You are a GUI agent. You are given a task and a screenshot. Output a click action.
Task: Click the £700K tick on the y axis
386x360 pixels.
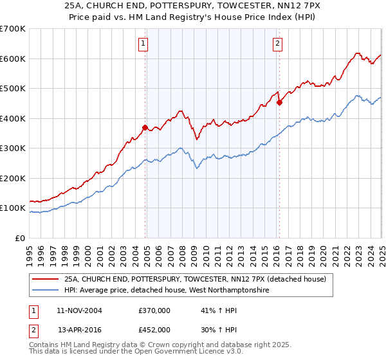[x=13, y=29]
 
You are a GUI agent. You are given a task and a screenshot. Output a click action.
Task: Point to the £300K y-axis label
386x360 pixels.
[x=13, y=148]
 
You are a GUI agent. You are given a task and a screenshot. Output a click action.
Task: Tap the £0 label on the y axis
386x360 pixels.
[x=19, y=238]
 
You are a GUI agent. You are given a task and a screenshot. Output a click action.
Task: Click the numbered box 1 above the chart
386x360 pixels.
[x=142, y=44]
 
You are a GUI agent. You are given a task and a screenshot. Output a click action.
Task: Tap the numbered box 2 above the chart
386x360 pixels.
[x=277, y=44]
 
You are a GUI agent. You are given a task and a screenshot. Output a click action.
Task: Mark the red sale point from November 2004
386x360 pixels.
[x=145, y=127]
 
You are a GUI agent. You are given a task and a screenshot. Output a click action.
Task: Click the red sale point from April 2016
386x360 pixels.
[x=279, y=102]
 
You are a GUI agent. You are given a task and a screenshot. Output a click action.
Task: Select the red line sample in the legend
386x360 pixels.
[x=45, y=280]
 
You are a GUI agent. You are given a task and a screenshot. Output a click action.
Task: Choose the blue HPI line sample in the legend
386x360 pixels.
[x=45, y=291]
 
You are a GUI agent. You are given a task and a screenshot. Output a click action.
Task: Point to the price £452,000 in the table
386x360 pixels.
[x=154, y=329]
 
